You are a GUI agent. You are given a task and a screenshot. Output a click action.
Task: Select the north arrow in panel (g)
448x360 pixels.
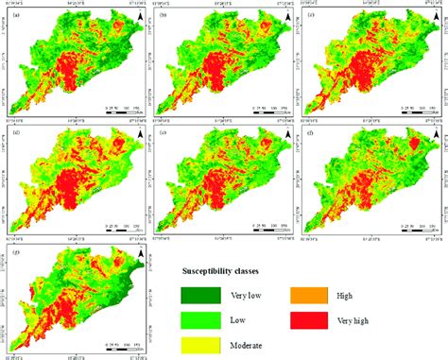pyautogui.click(x=140, y=255)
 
